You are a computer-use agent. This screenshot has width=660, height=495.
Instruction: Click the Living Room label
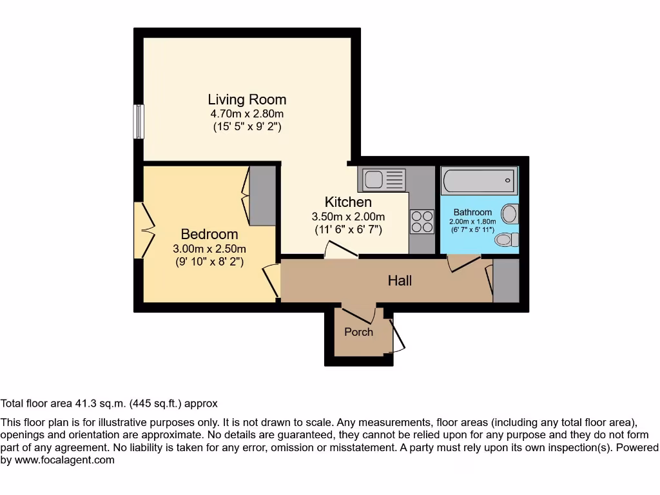tap(247, 99)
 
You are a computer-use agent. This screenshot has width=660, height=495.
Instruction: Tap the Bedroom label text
tap(209, 234)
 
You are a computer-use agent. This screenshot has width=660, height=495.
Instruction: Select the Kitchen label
tap(348, 202)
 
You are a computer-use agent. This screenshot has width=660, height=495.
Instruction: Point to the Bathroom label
tap(472, 212)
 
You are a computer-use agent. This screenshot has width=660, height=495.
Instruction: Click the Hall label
tap(400, 280)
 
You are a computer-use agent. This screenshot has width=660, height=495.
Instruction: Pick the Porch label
tap(358, 332)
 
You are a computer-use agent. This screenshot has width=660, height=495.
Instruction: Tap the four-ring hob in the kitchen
tap(422, 222)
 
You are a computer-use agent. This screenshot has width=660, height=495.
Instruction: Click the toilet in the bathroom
tap(507, 240)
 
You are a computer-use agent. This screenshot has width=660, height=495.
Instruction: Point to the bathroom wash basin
tap(510, 213)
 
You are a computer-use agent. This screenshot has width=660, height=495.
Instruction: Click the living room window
tap(139, 121)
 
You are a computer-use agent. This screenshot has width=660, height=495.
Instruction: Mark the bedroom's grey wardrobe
tap(262, 196)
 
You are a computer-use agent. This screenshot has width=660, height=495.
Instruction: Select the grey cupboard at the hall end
tap(505, 281)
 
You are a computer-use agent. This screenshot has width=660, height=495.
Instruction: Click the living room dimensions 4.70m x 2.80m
tap(247, 114)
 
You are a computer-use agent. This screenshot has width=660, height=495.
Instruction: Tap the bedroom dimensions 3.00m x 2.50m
tap(209, 249)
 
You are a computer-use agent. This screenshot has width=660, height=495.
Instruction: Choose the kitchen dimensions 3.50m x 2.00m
tap(348, 217)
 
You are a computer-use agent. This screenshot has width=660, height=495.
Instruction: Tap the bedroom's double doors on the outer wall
tap(147, 230)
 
